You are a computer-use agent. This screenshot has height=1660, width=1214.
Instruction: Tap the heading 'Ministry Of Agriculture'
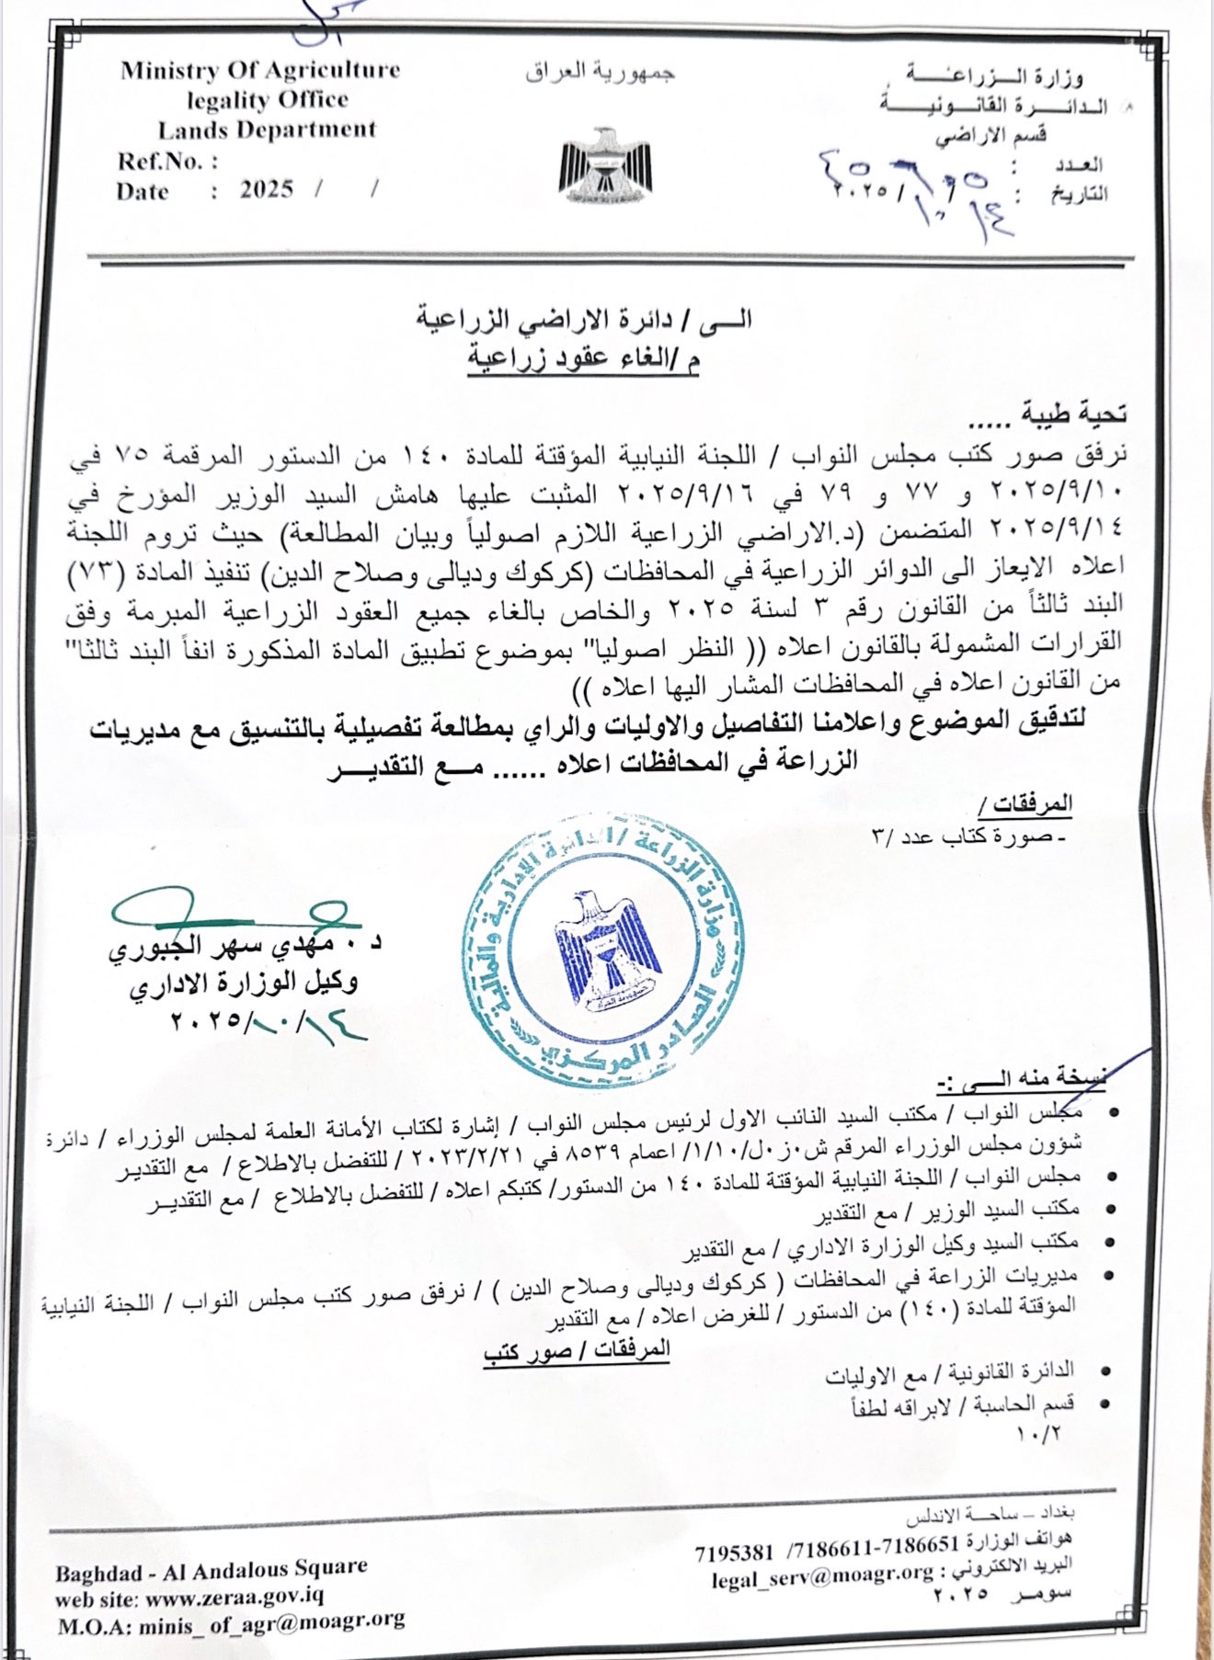[260, 71]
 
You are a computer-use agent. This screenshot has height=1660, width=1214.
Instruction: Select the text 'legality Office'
[267, 99]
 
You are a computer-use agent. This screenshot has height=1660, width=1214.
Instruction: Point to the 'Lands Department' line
[267, 130]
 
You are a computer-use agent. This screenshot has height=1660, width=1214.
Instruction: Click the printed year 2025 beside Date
[267, 189]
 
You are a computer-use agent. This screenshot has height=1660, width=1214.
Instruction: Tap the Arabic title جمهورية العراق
[601, 73]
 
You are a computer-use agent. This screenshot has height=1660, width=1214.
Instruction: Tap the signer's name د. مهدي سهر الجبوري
[245, 946]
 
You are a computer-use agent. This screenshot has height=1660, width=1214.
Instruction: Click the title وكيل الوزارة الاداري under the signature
[243, 983]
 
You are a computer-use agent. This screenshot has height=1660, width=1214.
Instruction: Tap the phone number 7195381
[734, 1552]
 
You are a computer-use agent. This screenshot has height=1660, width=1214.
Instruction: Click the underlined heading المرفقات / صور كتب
[577, 1351]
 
